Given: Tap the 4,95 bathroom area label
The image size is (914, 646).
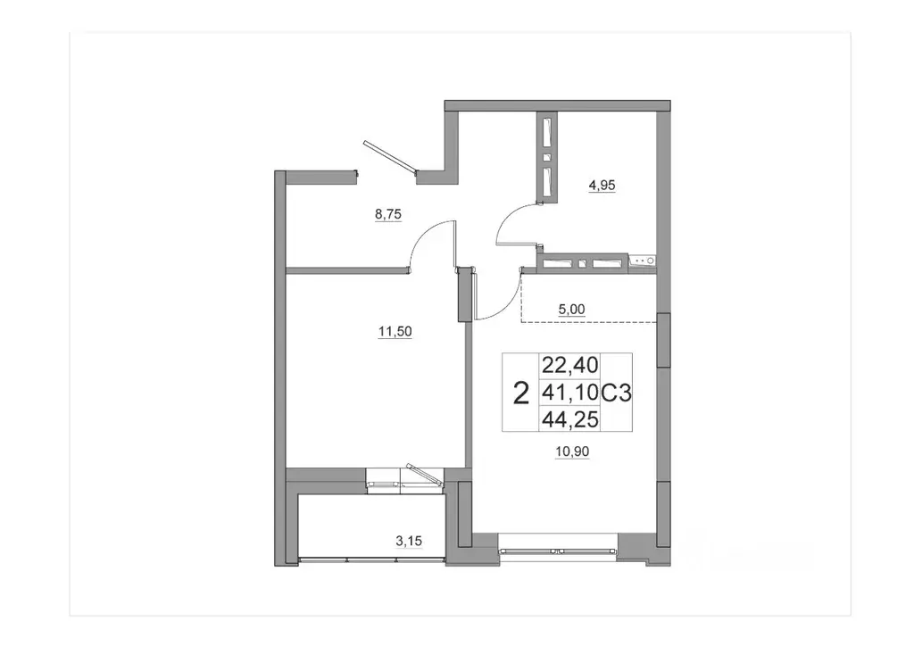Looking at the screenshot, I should pyautogui.click(x=602, y=186).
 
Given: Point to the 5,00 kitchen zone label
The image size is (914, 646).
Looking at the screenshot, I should pyautogui.click(x=572, y=310).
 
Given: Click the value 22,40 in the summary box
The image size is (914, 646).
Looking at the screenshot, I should pyautogui.click(x=569, y=365).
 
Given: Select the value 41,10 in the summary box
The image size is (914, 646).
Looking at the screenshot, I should pyautogui.click(x=569, y=391).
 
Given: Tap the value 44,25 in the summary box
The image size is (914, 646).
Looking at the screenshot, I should pyautogui.click(x=569, y=418).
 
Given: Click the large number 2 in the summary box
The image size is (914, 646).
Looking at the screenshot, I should pyautogui.click(x=519, y=392).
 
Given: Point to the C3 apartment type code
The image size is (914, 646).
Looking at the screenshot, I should pyautogui.click(x=617, y=391).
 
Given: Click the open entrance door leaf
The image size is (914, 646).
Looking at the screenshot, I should pyautogui.click(x=389, y=155).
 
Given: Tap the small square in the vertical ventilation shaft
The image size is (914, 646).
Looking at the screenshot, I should pyautogui.click(x=547, y=158).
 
